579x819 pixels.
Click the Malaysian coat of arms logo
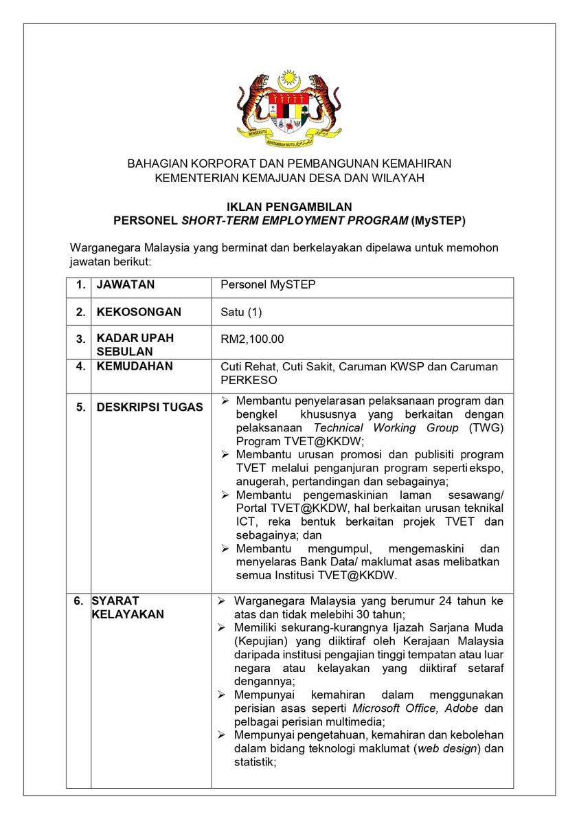point(289,106)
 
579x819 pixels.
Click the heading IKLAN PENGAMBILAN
point(289,207)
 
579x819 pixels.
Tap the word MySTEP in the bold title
point(438,221)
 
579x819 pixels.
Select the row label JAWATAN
point(126,284)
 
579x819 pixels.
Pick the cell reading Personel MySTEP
point(268,284)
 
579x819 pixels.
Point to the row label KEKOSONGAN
point(139,312)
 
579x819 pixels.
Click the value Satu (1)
point(241,312)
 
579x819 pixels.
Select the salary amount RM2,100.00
point(252,339)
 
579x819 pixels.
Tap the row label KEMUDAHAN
point(135,366)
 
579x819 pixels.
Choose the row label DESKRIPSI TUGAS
point(150,407)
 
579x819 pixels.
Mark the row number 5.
point(81,407)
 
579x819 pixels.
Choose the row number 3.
point(81,339)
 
